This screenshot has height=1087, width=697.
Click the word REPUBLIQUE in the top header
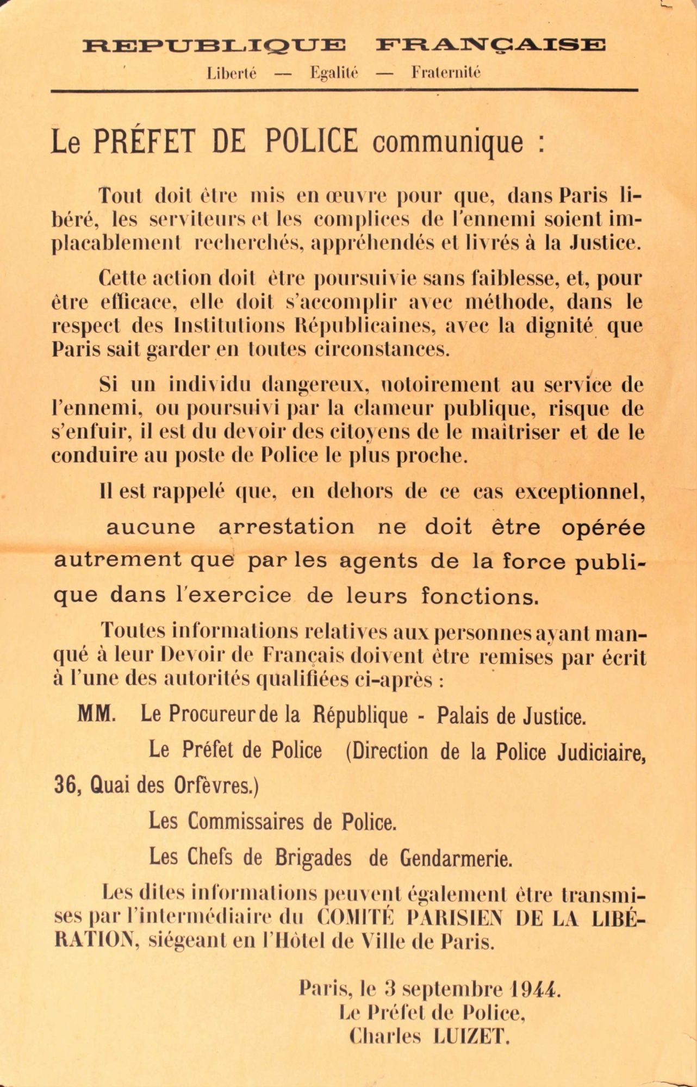click(214, 45)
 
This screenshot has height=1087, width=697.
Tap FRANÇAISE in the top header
click(489, 45)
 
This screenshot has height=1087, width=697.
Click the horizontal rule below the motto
click(344, 90)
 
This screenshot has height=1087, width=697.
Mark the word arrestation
click(287, 527)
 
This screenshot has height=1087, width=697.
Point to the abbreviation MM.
click(96, 714)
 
